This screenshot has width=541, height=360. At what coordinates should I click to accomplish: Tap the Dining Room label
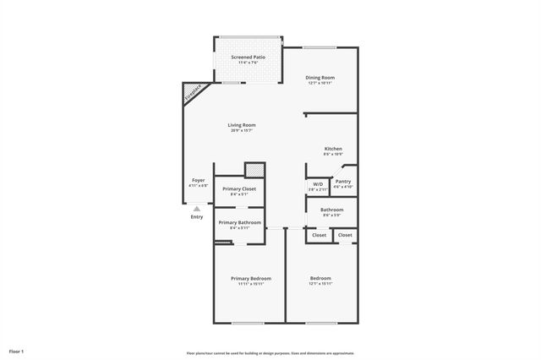pyautogui.click(x=320, y=78)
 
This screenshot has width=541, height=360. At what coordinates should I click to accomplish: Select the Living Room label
pyautogui.click(x=242, y=125)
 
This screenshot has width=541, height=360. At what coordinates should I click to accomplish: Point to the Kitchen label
pyautogui.click(x=332, y=149)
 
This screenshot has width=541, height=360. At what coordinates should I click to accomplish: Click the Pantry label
pyautogui.click(x=342, y=182)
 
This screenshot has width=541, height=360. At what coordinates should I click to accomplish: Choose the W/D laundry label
pyautogui.click(x=318, y=184)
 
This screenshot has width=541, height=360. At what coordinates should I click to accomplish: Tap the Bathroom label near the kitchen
pyautogui.click(x=331, y=210)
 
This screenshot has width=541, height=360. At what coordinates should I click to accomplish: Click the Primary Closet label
pyautogui.click(x=238, y=188)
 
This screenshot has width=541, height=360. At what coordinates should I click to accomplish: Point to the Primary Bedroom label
pyautogui.click(x=251, y=278)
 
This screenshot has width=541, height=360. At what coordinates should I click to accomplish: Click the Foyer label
pyautogui.click(x=198, y=180)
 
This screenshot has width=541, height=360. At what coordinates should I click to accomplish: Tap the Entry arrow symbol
pyautogui.click(x=196, y=208)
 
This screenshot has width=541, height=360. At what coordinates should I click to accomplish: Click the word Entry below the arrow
pyautogui.click(x=196, y=217)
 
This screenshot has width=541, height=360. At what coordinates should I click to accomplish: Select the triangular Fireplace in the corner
pyautogui.click(x=192, y=91)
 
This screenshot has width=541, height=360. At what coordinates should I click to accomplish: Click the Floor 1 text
pyautogui.click(x=16, y=351)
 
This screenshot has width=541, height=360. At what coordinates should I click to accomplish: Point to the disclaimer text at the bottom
pyautogui.click(x=270, y=353)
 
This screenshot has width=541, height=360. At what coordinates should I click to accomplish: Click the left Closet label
pyautogui.click(x=319, y=235)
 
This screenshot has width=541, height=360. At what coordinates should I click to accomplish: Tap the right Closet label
pyautogui.click(x=345, y=235)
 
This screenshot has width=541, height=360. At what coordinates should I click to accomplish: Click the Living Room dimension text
pyautogui.click(x=242, y=131)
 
